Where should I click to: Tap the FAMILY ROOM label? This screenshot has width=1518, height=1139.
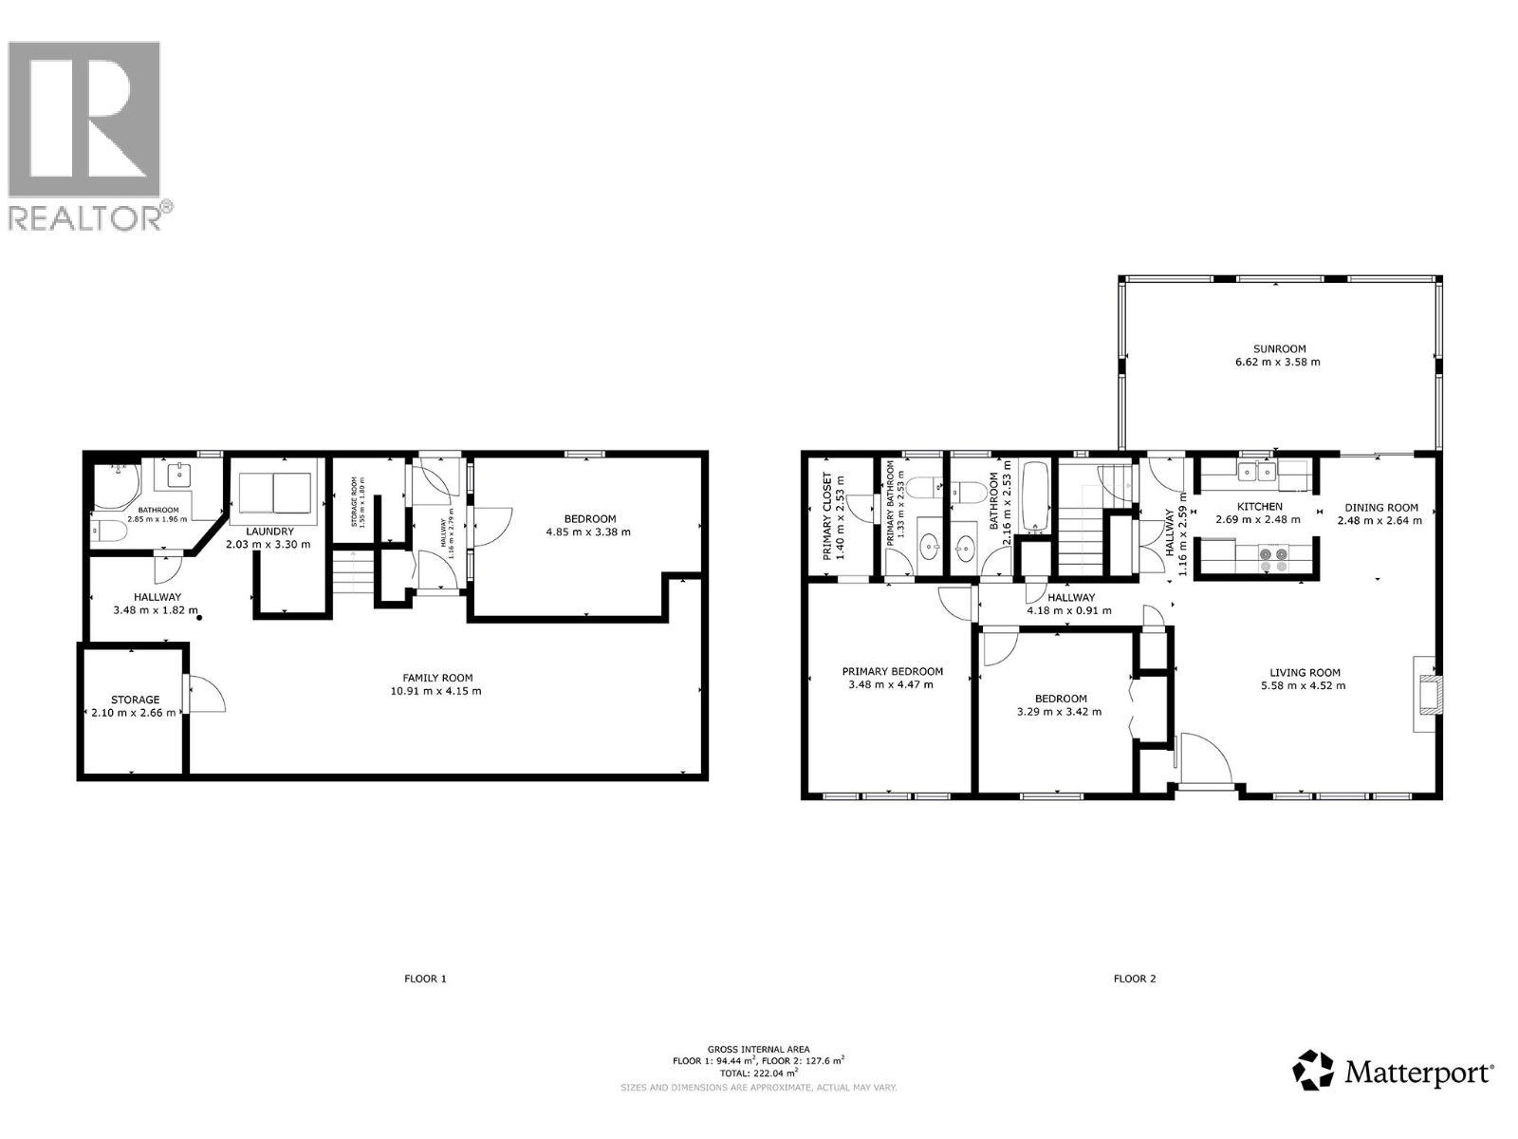click(437, 678)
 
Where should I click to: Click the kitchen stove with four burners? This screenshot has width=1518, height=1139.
click(1272, 558)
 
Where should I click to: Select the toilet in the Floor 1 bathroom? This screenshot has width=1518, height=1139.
click(108, 532)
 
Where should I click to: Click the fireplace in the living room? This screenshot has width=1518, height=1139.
click(1427, 693)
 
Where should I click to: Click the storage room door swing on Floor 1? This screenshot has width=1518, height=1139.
click(206, 693)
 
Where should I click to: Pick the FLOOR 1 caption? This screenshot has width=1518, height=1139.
click(424, 979)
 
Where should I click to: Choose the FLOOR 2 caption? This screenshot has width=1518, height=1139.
click(1135, 979)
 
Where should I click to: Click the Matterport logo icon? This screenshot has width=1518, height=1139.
click(1314, 1070)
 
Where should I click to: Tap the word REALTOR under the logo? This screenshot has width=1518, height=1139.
click(84, 217)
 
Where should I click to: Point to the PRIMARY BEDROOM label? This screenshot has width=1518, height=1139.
click(893, 671)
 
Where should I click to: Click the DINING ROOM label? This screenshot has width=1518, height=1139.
click(1380, 507)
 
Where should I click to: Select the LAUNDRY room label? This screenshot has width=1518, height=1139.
click(269, 531)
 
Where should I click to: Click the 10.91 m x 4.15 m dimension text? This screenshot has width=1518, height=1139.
click(437, 691)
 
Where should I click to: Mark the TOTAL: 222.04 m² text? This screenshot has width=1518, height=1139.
click(759, 1073)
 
